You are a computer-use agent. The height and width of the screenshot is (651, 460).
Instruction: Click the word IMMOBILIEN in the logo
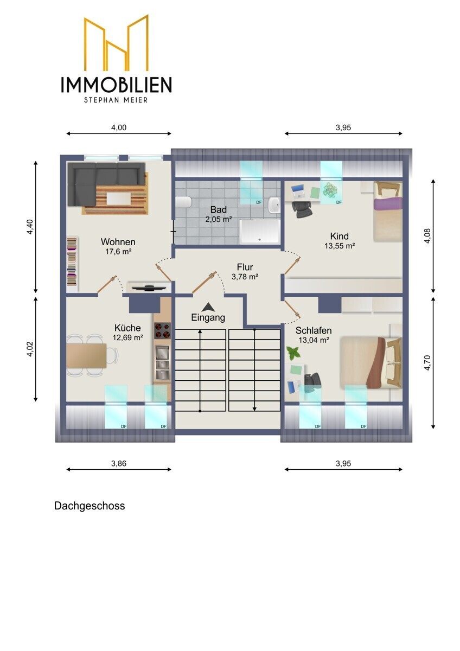(x=116, y=85)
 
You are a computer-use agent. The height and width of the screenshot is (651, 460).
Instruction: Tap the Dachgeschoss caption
(x=90, y=506)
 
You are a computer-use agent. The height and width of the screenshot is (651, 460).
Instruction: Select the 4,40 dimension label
(x=30, y=227)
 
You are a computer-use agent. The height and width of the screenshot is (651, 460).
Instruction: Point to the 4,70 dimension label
(x=427, y=363)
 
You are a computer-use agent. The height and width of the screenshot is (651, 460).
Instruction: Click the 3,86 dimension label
(x=119, y=463)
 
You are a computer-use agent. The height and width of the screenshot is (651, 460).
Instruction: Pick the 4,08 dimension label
(x=427, y=236)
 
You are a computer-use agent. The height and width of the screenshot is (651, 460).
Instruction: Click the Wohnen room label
(x=118, y=242)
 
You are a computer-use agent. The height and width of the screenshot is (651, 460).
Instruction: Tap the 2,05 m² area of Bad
(x=219, y=219)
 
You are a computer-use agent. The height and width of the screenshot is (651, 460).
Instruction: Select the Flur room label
(x=245, y=267)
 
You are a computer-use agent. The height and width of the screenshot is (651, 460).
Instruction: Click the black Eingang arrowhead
(x=208, y=307)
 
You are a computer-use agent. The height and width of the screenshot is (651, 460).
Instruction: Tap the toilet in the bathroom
(x=184, y=202)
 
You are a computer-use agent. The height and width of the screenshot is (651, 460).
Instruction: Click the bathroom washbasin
(x=274, y=205)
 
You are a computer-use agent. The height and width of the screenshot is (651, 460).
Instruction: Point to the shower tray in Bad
(x=259, y=232)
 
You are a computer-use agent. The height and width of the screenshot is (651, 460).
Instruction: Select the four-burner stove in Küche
(x=162, y=331)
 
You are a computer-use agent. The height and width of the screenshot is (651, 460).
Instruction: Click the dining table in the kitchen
(x=86, y=356)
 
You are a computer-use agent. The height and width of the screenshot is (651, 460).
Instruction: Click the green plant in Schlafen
(x=293, y=353)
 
